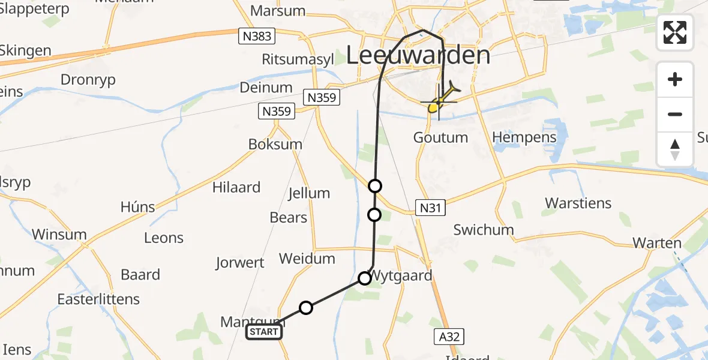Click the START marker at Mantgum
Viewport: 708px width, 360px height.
point(264,332)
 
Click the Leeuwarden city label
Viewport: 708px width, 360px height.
point(419,56)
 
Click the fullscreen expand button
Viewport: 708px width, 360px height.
point(675,32)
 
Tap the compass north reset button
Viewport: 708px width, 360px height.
point(675,149)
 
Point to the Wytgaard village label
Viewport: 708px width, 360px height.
point(402,277)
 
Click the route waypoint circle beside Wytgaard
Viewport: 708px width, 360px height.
point(365,278)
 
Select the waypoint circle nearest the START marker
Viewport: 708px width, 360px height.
point(306,308)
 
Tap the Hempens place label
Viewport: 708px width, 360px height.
point(524,137)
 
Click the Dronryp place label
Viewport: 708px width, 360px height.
point(88,80)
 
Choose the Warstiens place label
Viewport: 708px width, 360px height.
point(578,203)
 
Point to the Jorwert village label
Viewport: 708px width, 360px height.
point(240,262)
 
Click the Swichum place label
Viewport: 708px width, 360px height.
point(484,230)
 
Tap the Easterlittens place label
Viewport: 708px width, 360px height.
point(98,299)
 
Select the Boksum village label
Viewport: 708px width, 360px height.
point(275,144)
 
